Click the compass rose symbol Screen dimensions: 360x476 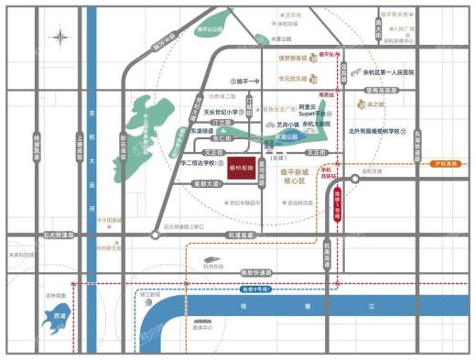coord(60,37)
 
